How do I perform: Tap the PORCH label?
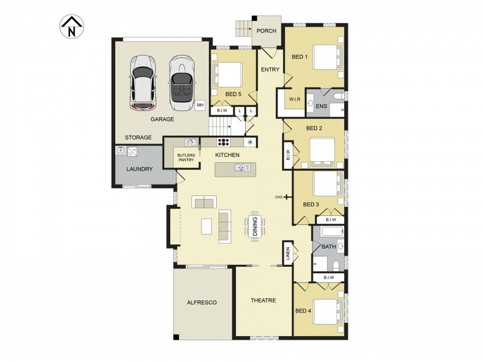click(x=266, y=31)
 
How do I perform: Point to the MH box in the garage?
click(x=200, y=105)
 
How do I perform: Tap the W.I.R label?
click(x=295, y=99)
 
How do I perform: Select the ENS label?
click(x=321, y=106)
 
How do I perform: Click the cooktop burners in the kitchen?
click(x=223, y=142)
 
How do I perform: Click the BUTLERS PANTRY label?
click(x=186, y=158)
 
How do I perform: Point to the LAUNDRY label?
click(x=139, y=169)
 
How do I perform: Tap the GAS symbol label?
click(x=279, y=197)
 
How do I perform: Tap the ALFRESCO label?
click(x=202, y=302)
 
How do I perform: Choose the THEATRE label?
click(x=263, y=300)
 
